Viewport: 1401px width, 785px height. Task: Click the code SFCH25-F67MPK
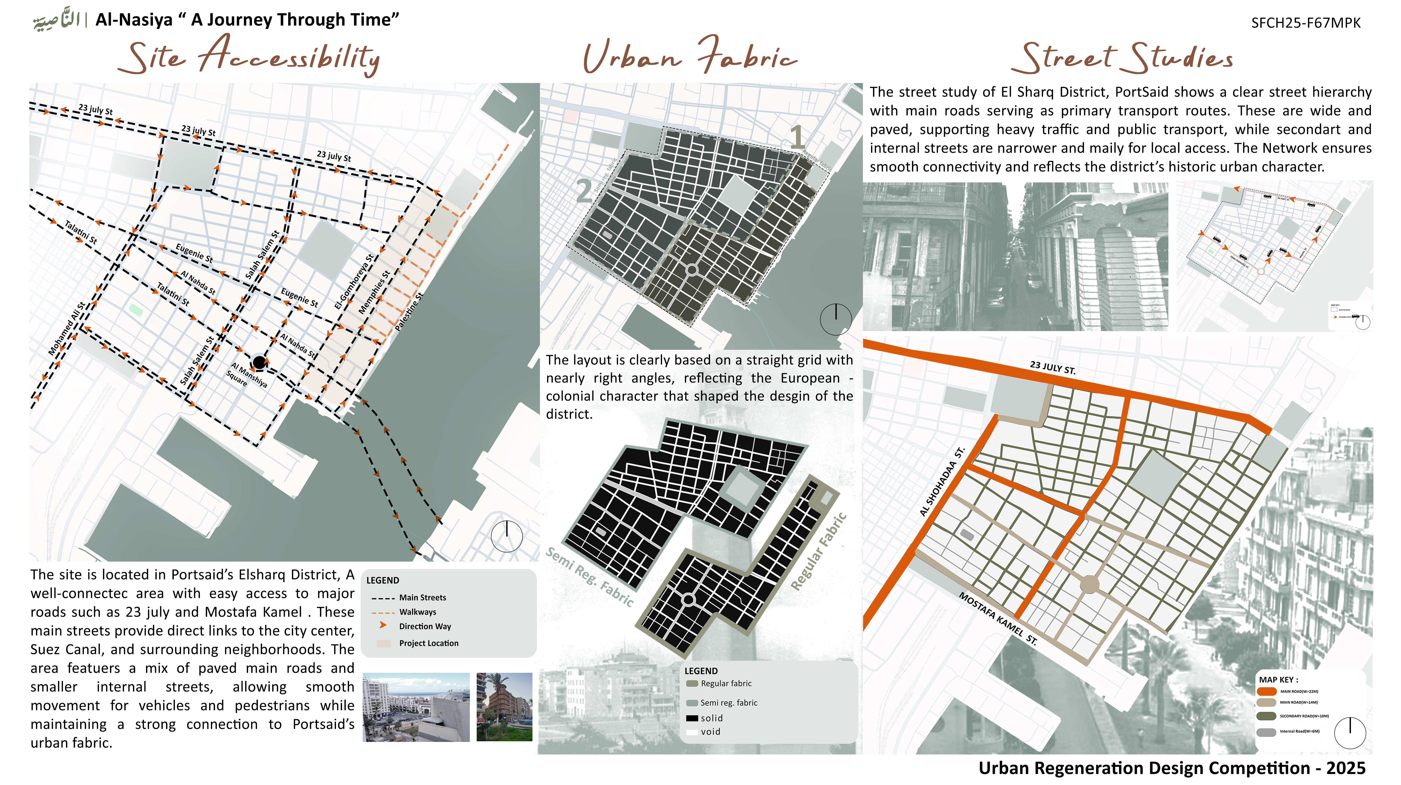1305,23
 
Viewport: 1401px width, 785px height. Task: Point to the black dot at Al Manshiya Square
259,362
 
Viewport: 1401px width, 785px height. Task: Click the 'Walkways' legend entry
417,612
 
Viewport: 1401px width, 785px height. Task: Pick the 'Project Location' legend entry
429,643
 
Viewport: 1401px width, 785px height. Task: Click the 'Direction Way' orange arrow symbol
383,626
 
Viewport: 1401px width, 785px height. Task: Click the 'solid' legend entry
711,718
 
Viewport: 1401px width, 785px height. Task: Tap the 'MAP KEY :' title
1278,679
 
